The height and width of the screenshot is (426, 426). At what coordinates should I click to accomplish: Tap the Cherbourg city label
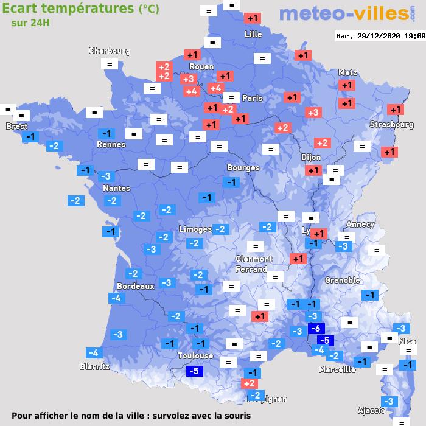point(110,51)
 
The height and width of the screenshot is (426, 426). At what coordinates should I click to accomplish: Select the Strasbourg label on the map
point(391,125)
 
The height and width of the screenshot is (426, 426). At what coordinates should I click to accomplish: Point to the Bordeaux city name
point(135,285)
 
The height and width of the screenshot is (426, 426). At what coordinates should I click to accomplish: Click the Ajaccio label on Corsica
point(371,410)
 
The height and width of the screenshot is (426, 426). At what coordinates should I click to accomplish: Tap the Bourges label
point(243,167)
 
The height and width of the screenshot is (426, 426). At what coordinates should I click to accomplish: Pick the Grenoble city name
point(343,281)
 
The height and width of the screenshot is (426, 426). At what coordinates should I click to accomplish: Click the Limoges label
point(195,229)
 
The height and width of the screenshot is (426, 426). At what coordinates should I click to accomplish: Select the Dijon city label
point(310,157)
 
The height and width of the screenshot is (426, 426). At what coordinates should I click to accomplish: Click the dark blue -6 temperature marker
point(315,329)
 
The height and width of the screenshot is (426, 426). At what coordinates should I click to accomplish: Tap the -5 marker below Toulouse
point(194,371)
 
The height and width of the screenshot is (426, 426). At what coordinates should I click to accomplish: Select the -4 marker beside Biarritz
point(94,353)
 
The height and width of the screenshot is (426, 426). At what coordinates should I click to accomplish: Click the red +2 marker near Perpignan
point(248,383)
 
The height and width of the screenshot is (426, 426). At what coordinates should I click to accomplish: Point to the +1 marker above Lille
point(253,18)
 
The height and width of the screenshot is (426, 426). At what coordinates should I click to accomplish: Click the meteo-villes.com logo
point(344,13)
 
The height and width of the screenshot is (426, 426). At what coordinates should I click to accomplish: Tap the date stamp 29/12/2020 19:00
point(380,36)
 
